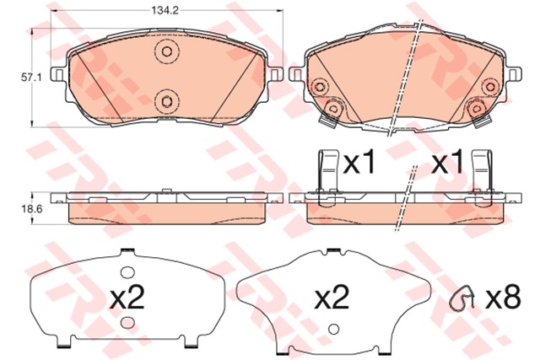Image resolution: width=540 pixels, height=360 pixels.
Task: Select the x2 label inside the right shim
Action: pos(332,298)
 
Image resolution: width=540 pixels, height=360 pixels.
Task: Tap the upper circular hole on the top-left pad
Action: pos(166,52)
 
